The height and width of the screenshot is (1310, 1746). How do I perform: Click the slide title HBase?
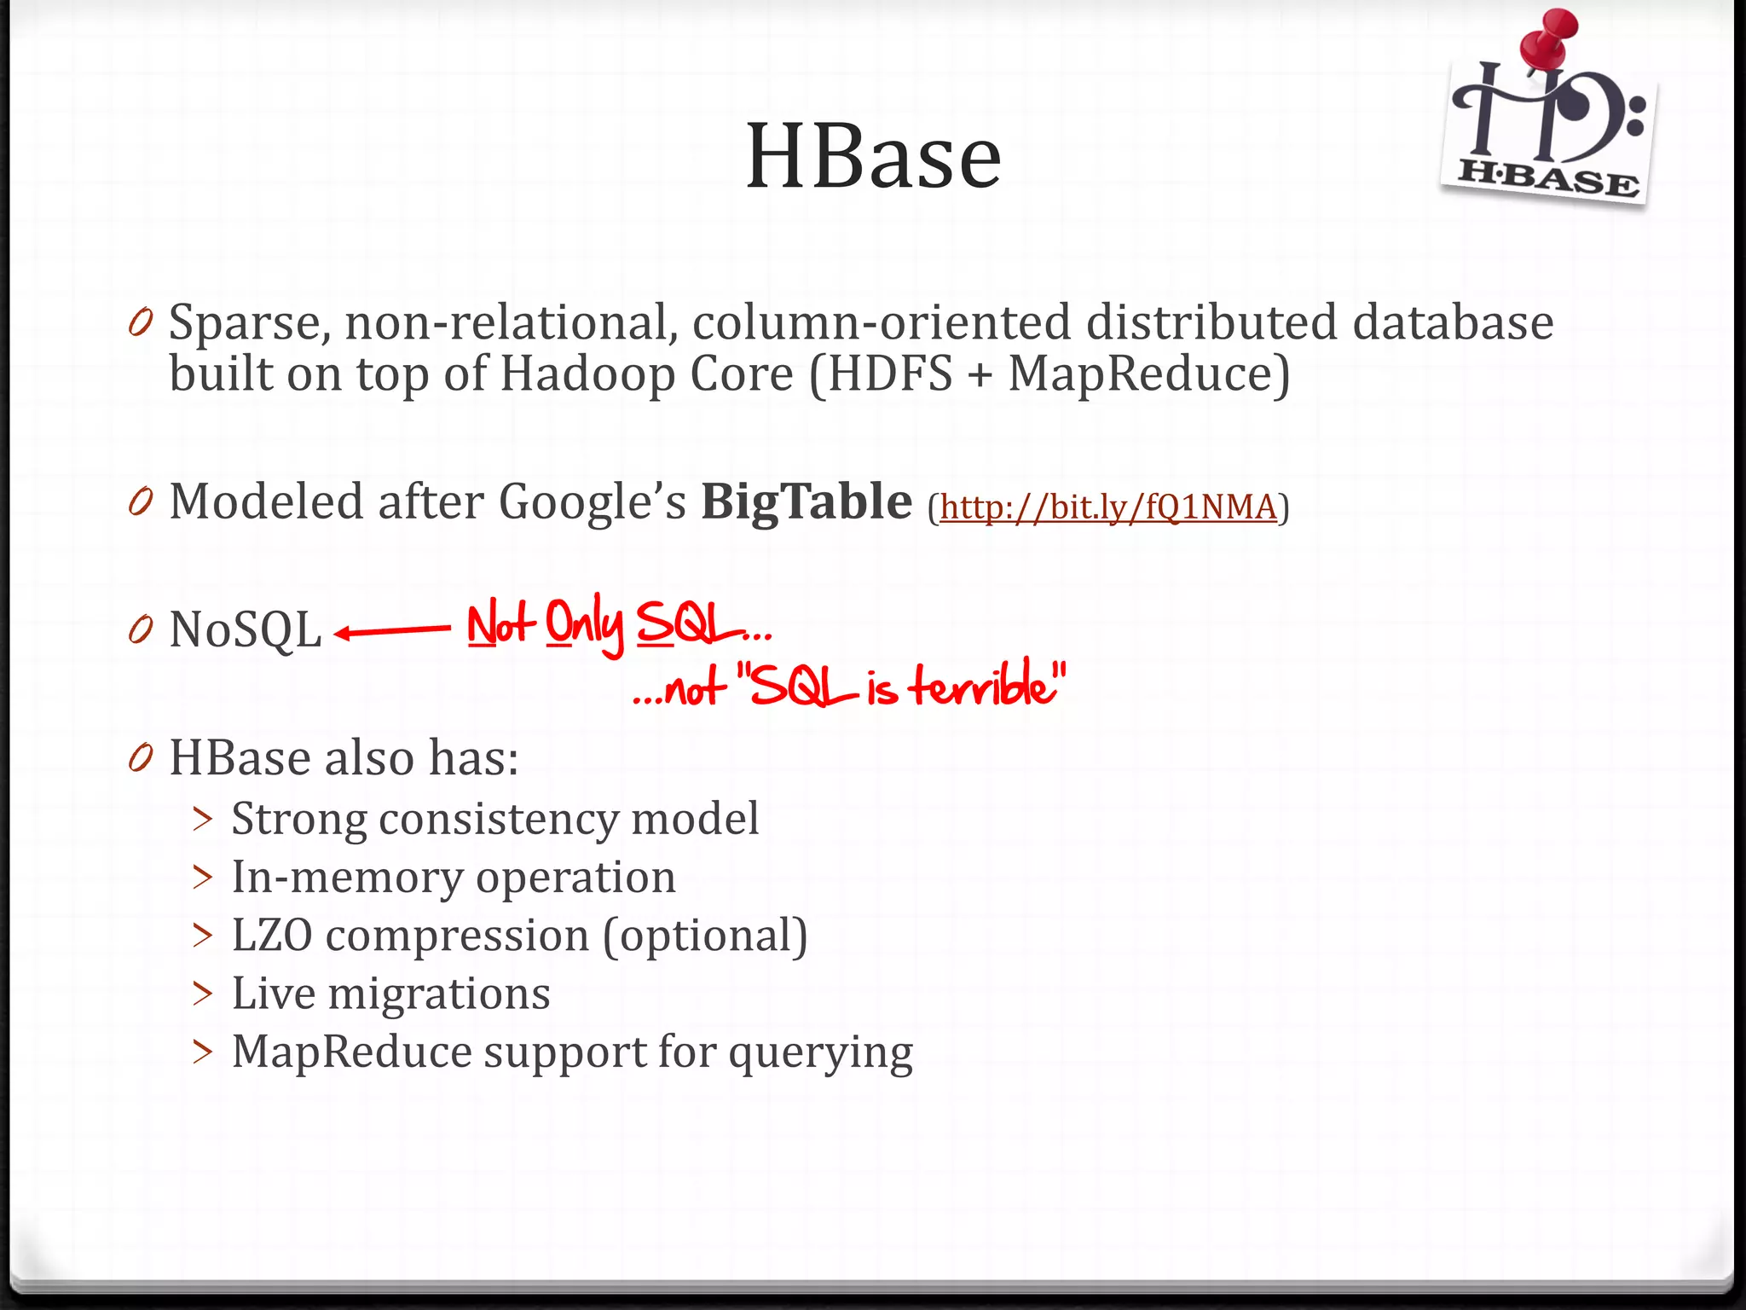(873, 156)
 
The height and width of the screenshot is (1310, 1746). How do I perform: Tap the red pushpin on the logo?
(1548, 38)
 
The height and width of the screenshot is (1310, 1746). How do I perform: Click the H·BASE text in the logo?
(1547, 178)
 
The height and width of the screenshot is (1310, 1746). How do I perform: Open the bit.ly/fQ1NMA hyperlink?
(1108, 507)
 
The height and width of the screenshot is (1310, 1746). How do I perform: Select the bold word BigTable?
(806, 501)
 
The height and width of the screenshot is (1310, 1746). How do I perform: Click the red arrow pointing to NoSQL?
(392, 632)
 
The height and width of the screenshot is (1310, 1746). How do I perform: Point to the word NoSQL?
(246, 630)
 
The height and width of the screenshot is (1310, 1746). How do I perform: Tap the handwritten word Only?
(584, 625)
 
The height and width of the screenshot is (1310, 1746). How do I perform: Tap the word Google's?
(592, 501)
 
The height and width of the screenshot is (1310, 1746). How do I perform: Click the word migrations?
(439, 994)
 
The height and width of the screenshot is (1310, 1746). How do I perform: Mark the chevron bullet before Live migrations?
(203, 994)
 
